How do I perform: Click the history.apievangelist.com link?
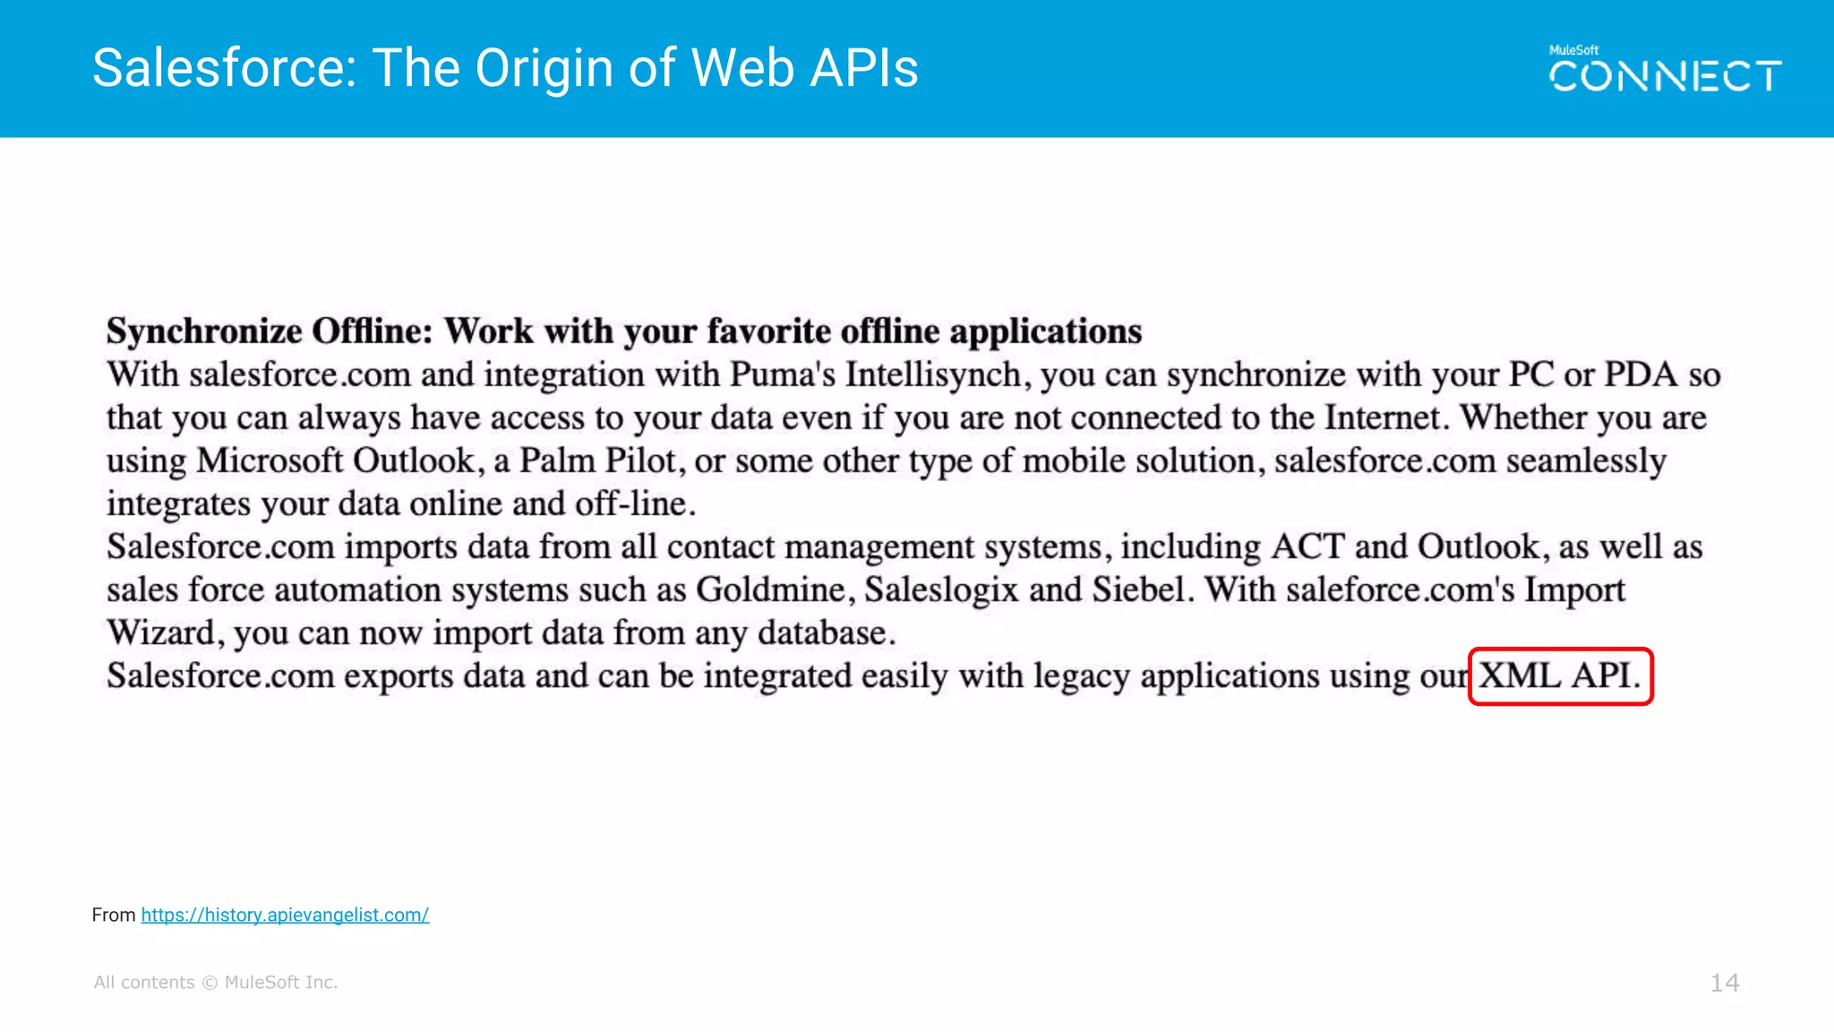click(285, 915)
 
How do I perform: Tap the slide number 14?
click(1724, 983)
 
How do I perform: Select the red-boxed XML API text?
click(1560, 676)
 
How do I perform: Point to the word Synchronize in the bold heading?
click(204, 331)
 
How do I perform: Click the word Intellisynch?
click(932, 374)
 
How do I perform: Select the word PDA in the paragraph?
click(1640, 374)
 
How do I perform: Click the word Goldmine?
click(770, 589)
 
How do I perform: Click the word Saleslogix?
click(941, 589)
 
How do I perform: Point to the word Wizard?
click(160, 632)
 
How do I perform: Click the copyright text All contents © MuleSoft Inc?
click(216, 983)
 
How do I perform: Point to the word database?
click(825, 632)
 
